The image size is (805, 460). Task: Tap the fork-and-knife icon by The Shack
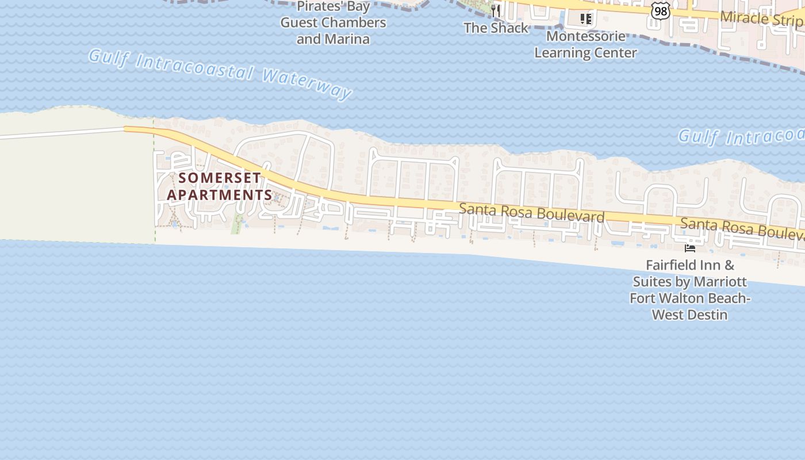[x=496, y=10]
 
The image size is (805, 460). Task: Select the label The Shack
[x=496, y=28]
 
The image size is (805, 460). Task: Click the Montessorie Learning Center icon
[x=585, y=19]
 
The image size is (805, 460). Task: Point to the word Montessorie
[x=585, y=36]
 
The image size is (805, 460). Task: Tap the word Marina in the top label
[x=350, y=39]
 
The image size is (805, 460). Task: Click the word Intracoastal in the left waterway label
[x=195, y=67]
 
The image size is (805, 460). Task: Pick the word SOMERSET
[x=220, y=178]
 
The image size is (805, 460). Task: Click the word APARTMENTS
[x=220, y=195]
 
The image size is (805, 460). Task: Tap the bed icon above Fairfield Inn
[x=690, y=248]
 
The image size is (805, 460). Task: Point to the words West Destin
[x=690, y=315]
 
